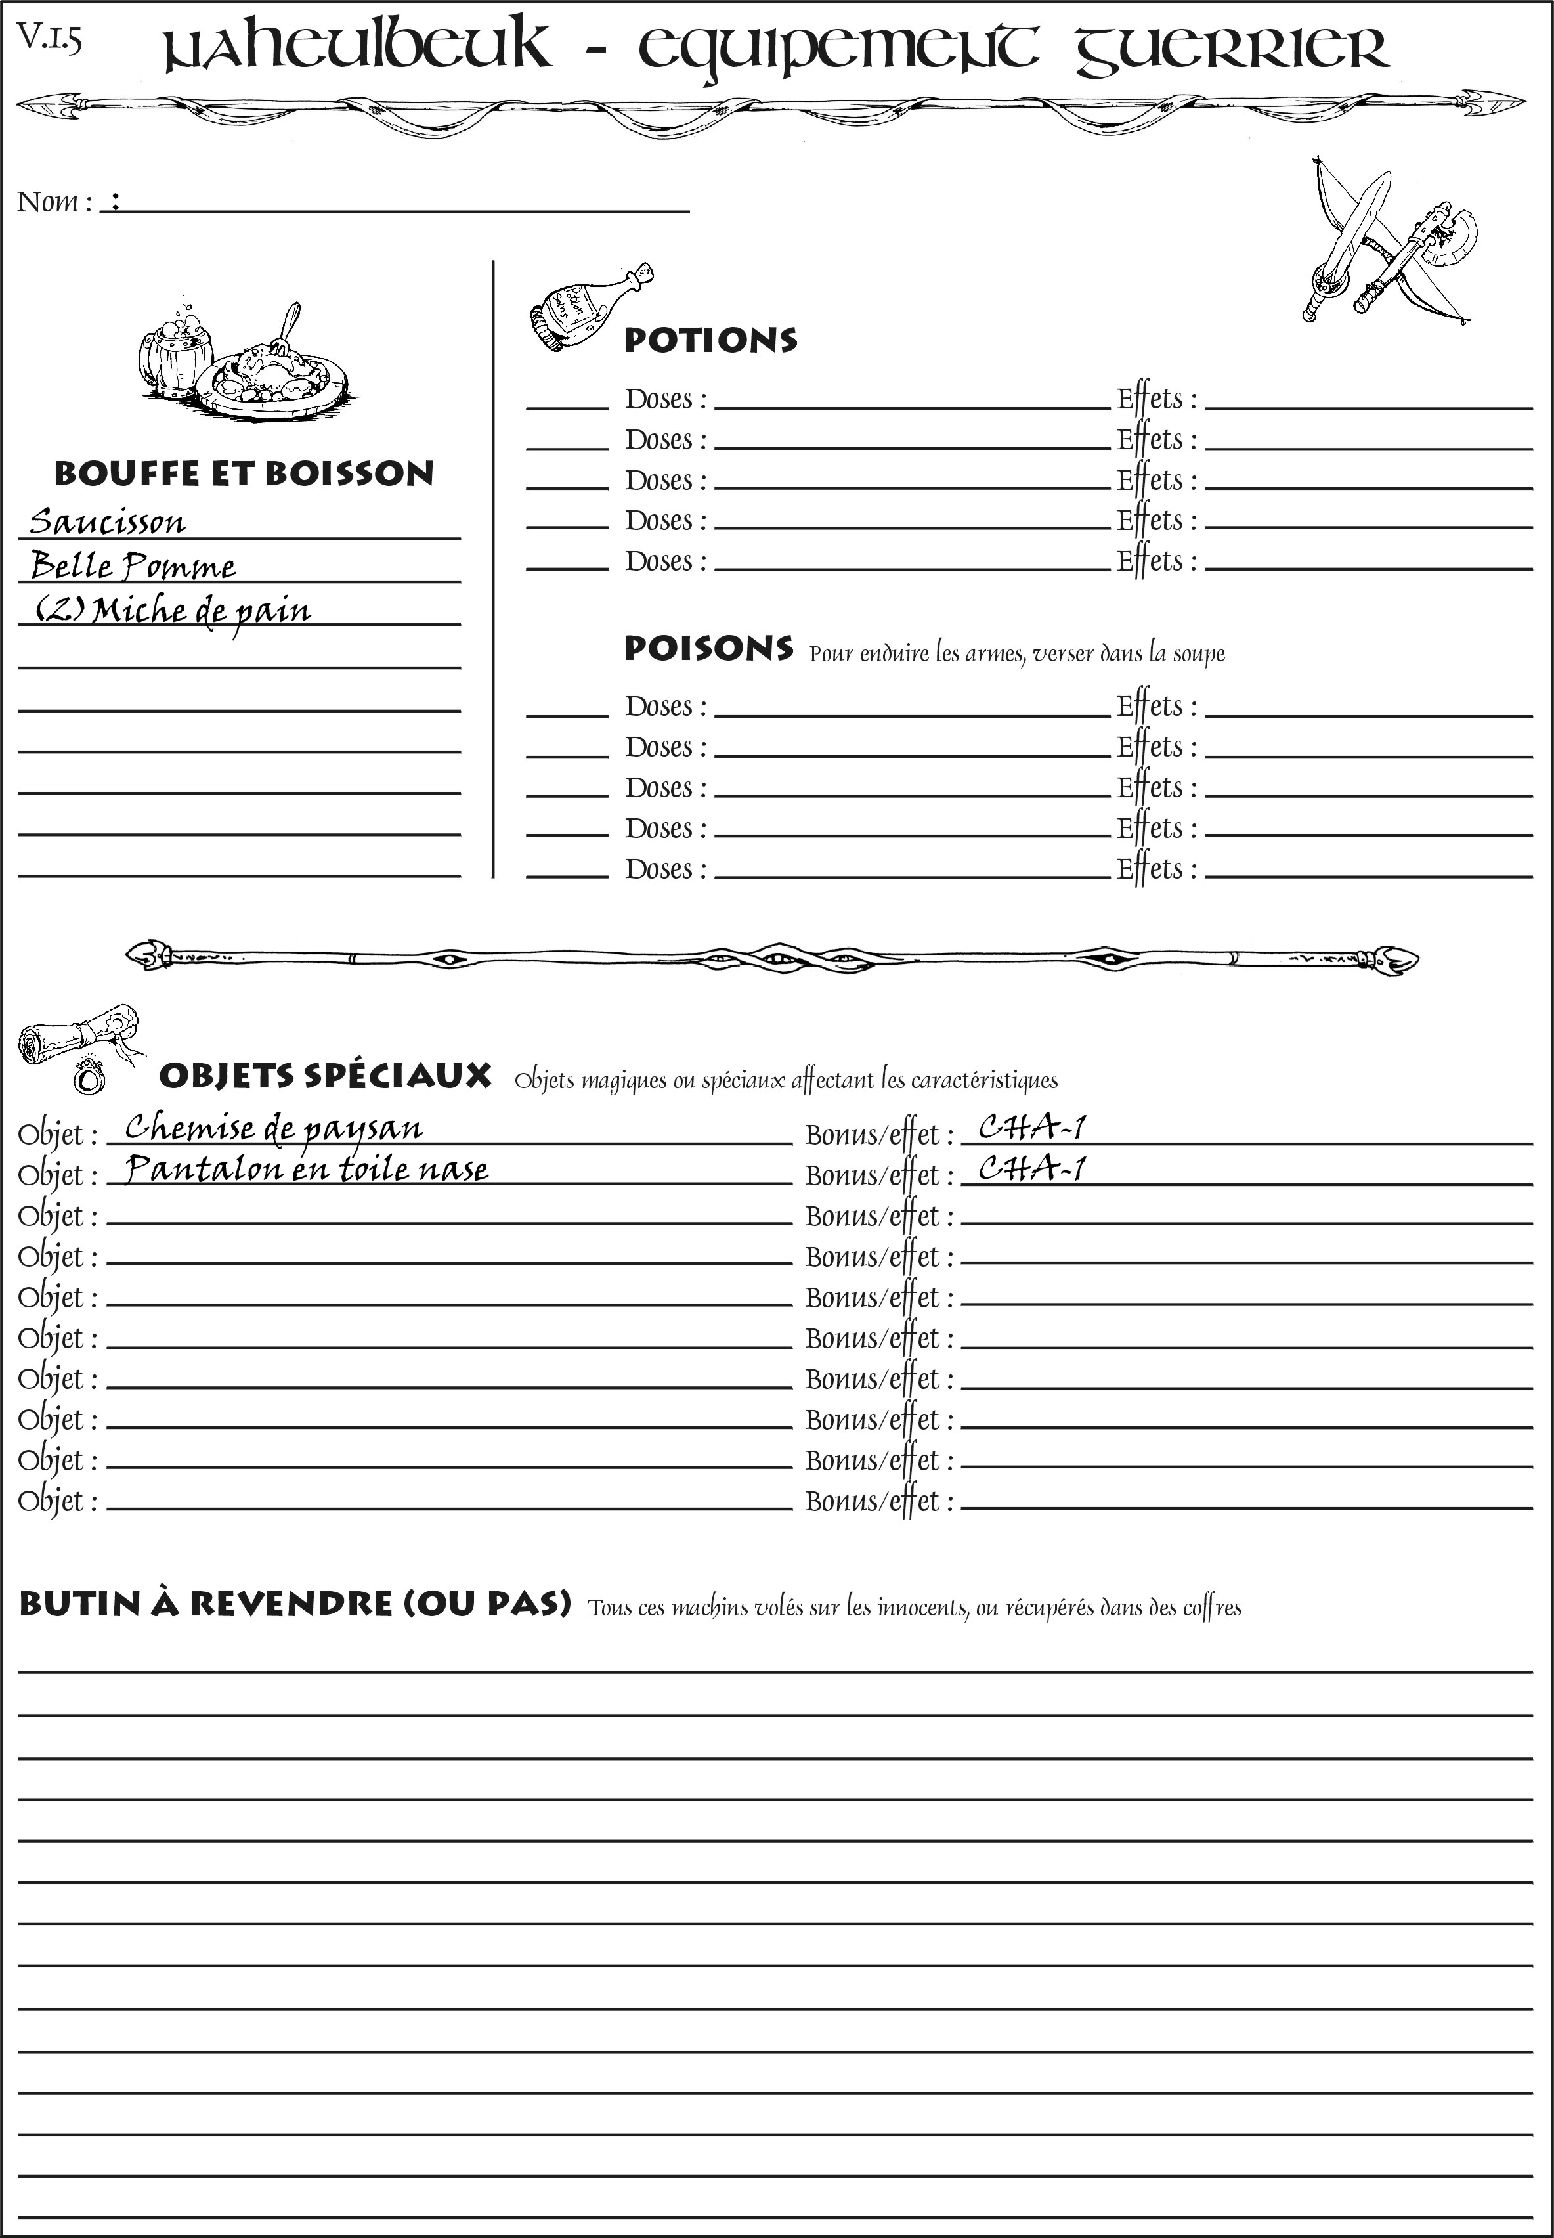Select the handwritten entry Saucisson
pyautogui.click(x=107, y=522)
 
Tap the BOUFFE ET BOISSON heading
pyautogui.click(x=244, y=473)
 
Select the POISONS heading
pyautogui.click(x=708, y=649)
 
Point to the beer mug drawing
pyautogui.click(x=176, y=351)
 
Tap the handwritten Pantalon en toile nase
pyautogui.click(x=307, y=1169)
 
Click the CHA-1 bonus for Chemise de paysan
pyautogui.click(x=1031, y=1128)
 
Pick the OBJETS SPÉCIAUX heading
pyautogui.click(x=325, y=1076)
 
